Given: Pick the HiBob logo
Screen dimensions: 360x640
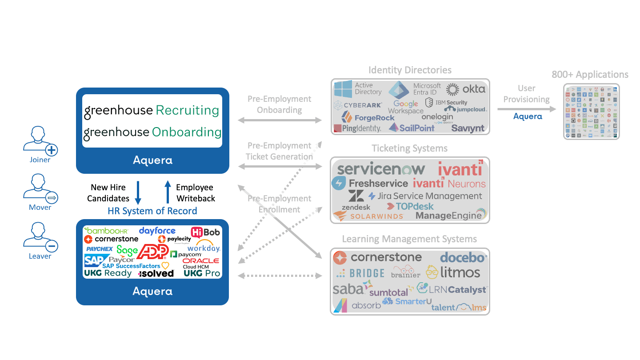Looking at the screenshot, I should pyautogui.click(x=205, y=232).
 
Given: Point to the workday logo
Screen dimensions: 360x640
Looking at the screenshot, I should pyautogui.click(x=204, y=247).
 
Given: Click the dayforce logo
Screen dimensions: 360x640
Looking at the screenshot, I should pyautogui.click(x=157, y=231).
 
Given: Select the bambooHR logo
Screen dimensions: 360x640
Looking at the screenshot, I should pyautogui.click(x=107, y=230).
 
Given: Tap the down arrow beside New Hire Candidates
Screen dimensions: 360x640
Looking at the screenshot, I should pyautogui.click(x=138, y=192).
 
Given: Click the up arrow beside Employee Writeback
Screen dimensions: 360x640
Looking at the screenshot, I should pyautogui.click(x=168, y=192).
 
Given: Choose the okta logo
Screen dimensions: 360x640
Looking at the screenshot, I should pyautogui.click(x=466, y=89).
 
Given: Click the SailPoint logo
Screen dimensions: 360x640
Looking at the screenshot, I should pyautogui.click(x=412, y=128).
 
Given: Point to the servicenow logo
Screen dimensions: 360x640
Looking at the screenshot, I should pyautogui.click(x=381, y=169).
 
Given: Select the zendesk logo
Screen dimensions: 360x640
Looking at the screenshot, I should pyautogui.click(x=356, y=207).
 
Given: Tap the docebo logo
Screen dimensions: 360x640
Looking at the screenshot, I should pyautogui.click(x=464, y=257).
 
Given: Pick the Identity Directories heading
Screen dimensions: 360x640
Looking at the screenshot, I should pyautogui.click(x=410, y=70).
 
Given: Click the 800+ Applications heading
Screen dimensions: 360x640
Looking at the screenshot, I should pyautogui.click(x=590, y=75).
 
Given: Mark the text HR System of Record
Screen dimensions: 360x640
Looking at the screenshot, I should pyautogui.click(x=152, y=211).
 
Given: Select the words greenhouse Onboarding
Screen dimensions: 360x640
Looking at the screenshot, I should pyautogui.click(x=152, y=132).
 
